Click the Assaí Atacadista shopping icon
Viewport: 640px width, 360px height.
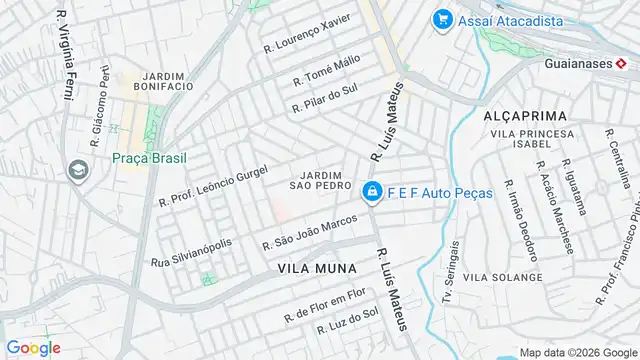click(x=441, y=18)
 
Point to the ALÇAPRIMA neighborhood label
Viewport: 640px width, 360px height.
click(x=525, y=116)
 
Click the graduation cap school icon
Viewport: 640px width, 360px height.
click(x=76, y=170)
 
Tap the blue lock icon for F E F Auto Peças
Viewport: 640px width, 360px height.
click(x=371, y=191)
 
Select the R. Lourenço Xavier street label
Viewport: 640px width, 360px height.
click(x=307, y=34)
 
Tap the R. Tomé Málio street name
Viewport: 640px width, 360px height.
click(x=326, y=71)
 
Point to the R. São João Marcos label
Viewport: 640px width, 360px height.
click(x=309, y=230)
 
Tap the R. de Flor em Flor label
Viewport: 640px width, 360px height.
click(x=326, y=304)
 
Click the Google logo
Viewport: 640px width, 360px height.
click(x=33, y=348)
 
